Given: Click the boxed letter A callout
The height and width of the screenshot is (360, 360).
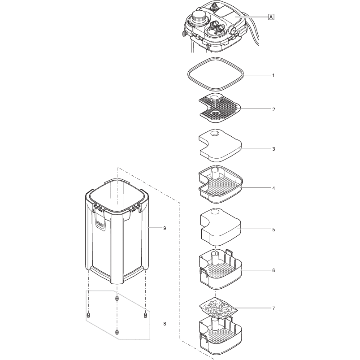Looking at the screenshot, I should tap(271, 17).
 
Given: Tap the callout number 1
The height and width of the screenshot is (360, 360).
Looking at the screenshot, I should tap(273, 75).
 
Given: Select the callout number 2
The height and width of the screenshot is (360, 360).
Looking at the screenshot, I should tap(273, 109).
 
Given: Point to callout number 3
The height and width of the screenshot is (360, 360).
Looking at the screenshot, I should tap(273, 148).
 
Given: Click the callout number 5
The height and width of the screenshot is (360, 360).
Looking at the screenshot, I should tap(273, 230).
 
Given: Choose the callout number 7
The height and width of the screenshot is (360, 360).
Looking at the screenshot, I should tap(273, 308).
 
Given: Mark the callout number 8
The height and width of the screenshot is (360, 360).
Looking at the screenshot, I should tap(164, 323).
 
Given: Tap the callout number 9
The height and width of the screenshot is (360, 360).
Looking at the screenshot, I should tap(164, 228).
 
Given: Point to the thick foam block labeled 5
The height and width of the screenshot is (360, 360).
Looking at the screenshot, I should tap(220, 229).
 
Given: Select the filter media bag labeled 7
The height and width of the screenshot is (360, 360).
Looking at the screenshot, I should tap(217, 308).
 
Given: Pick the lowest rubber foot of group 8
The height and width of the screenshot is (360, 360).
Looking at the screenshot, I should tap(117, 332).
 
